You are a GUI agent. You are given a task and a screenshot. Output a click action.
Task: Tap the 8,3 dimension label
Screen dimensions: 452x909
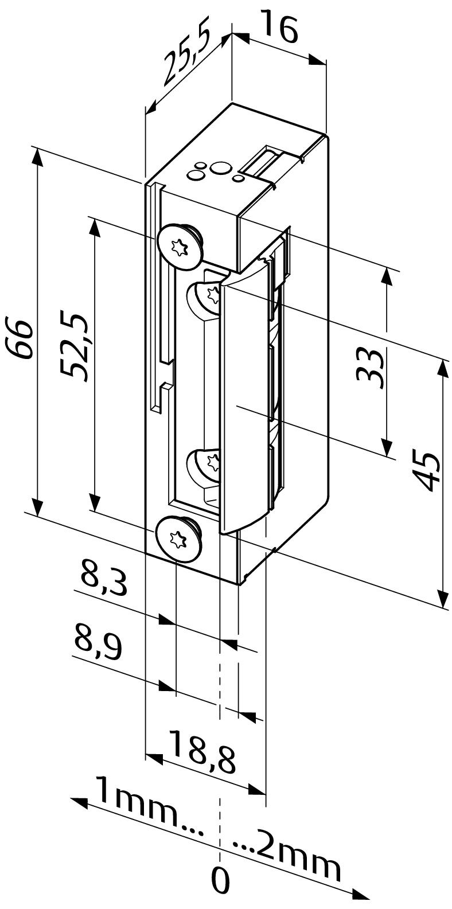pyautogui.click(x=103, y=582)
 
